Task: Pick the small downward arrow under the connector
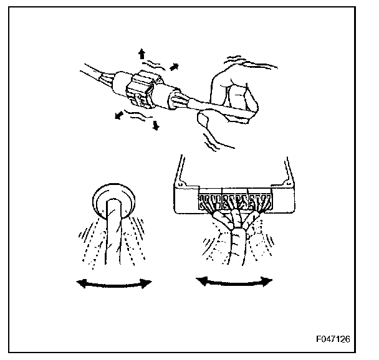coord(155,126)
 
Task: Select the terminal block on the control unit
coord(234,201)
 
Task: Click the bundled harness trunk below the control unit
coord(235,246)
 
